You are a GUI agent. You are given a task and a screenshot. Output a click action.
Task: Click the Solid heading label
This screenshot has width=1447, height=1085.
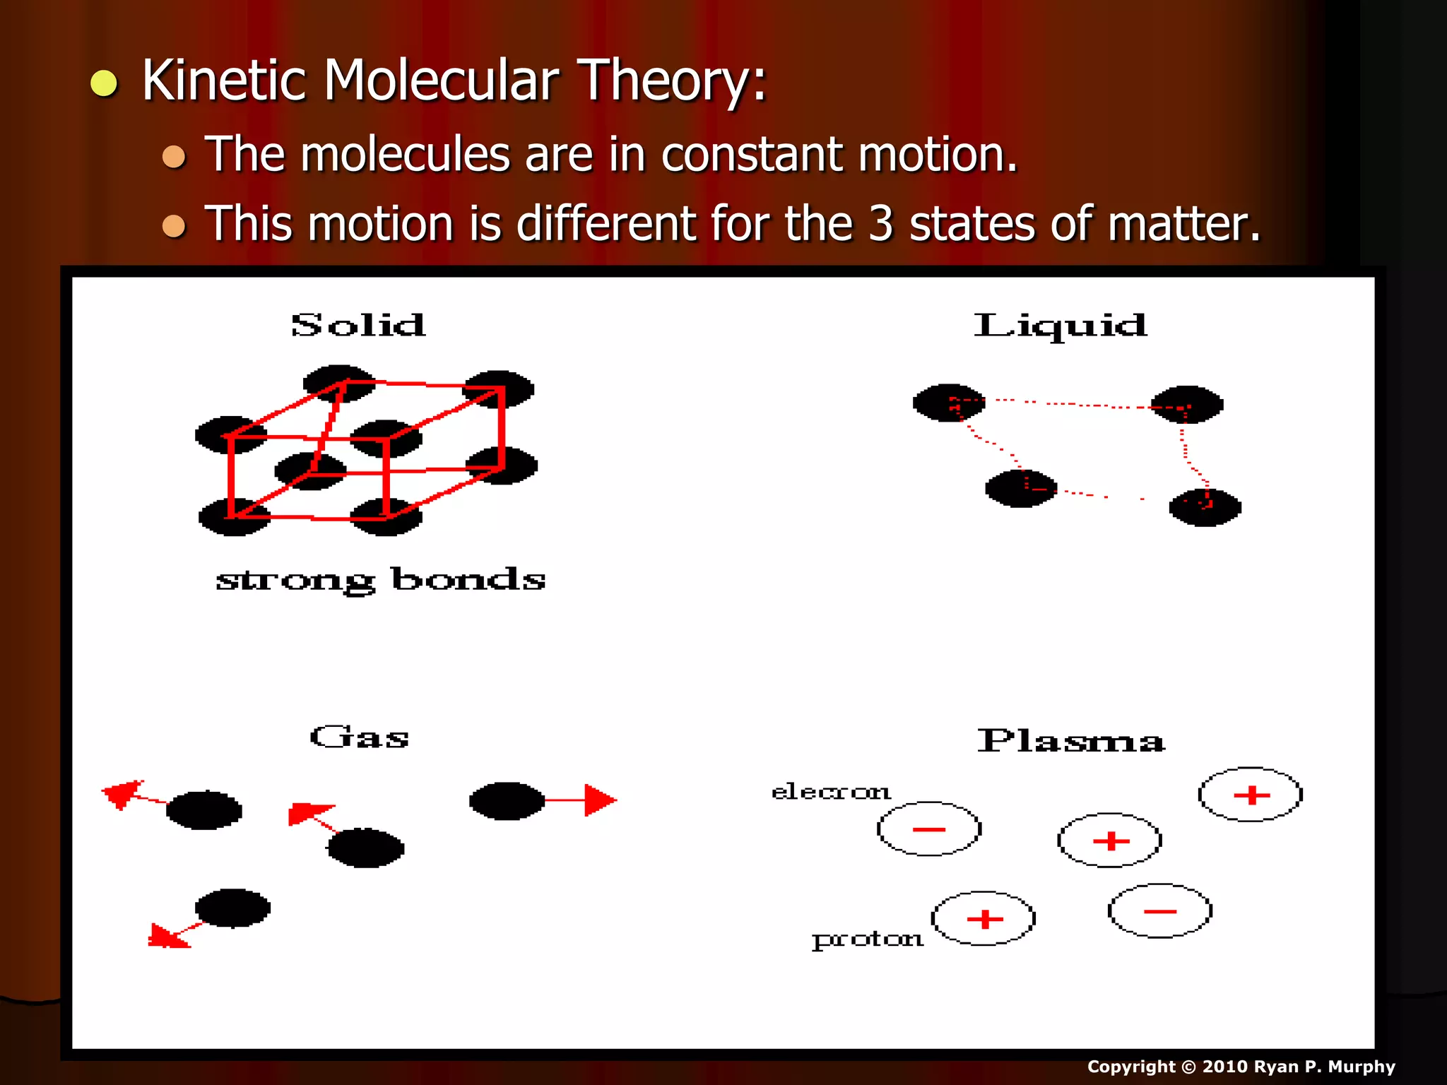tap(358, 326)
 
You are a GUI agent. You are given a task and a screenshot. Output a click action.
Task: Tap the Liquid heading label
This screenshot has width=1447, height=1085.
tap(1060, 326)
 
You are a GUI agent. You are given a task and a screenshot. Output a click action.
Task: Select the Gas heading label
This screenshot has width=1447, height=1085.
tap(360, 737)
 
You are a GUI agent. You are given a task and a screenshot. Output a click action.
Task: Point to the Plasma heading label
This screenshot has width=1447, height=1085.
tap(1071, 741)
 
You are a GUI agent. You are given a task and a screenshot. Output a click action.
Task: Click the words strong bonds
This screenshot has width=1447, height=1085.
tap(380, 580)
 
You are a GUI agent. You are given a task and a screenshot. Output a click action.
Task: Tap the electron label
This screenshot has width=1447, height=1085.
tap(831, 792)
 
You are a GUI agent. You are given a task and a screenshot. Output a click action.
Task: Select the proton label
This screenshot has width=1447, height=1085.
tap(868, 939)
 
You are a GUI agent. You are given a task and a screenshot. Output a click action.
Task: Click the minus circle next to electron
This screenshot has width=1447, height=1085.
tap(929, 829)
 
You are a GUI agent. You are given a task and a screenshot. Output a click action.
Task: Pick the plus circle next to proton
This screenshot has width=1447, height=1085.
tap(984, 918)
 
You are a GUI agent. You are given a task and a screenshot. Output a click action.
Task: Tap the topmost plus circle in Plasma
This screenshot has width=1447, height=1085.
tap(1251, 795)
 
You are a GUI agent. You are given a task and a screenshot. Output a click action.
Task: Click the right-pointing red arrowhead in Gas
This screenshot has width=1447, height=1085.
tap(600, 800)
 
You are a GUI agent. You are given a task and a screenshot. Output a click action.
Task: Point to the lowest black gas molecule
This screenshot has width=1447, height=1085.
tap(232, 908)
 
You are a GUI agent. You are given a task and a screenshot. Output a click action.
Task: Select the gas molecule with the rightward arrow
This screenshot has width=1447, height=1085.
tap(507, 801)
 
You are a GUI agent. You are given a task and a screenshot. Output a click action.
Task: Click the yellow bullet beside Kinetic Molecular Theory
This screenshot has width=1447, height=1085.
tap(105, 83)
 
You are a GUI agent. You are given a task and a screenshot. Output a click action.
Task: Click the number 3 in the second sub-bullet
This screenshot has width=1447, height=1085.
tap(880, 224)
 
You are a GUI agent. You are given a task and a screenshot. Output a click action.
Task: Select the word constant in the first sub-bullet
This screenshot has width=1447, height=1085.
tap(752, 154)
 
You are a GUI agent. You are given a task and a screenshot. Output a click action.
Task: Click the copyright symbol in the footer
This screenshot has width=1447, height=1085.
tap(1189, 1067)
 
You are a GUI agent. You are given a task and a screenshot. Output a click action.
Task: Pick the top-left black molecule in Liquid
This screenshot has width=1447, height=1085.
tap(948, 403)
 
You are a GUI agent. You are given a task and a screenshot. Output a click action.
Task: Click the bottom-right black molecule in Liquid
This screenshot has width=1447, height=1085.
tap(1205, 508)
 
